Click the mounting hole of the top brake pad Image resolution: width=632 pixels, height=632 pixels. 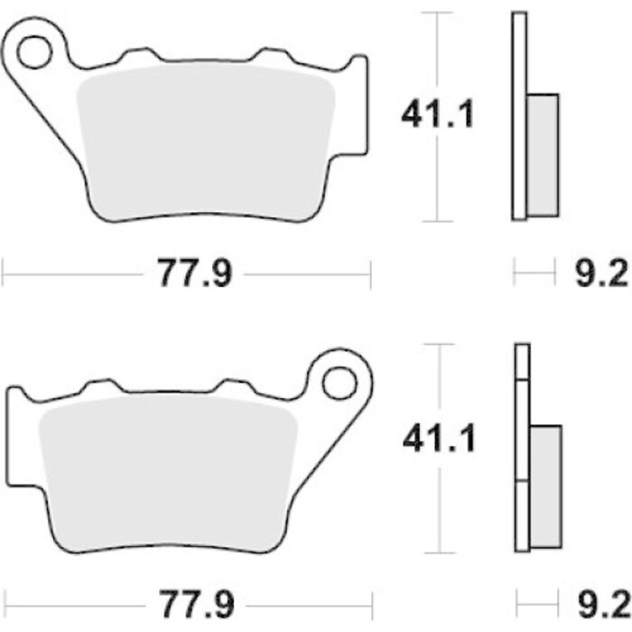[34, 52]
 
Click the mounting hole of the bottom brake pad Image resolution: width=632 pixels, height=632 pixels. [339, 384]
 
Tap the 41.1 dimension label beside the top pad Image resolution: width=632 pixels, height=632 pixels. [438, 115]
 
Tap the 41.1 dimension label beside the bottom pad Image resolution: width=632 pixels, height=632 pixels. [440, 439]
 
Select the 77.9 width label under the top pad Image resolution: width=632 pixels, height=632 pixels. [195, 274]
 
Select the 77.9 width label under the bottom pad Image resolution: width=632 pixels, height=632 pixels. [196, 604]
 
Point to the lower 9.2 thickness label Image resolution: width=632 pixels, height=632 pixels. [603, 604]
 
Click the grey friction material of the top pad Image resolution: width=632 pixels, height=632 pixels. [206, 141]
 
